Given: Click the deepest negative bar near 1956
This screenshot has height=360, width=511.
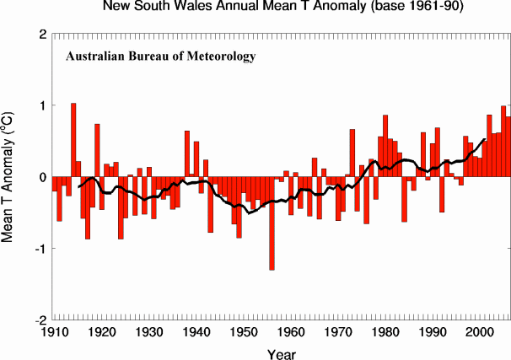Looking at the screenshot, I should click(272, 223).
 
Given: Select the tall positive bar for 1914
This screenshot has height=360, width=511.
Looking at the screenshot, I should click(73, 140).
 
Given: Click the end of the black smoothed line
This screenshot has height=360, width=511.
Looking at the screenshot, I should click(485, 140).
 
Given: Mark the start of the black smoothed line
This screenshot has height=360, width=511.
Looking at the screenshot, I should click(78, 186).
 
